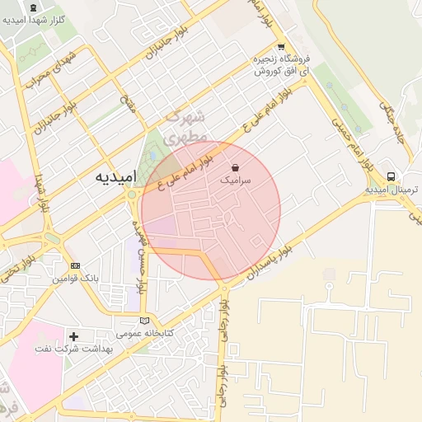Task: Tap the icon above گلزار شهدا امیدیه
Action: click(33, 7)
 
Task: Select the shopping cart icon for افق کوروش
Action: click(281, 47)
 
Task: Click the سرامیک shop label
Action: click(237, 179)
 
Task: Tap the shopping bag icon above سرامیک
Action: click(237, 166)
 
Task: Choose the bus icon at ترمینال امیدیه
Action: click(391, 176)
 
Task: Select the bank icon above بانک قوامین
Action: click(75, 266)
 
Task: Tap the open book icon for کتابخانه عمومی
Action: click(145, 321)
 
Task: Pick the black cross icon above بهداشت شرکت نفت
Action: click(74, 336)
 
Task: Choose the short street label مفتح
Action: click(129, 102)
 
